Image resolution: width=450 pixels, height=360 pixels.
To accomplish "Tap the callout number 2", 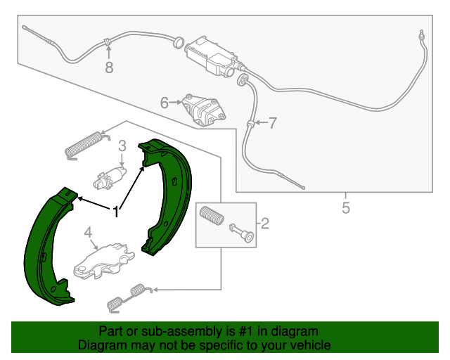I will [x=265, y=224].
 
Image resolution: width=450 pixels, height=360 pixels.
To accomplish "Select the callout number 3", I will [x=122, y=146].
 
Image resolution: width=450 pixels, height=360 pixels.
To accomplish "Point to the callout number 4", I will [x=88, y=233].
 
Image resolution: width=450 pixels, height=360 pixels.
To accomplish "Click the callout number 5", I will [x=345, y=208].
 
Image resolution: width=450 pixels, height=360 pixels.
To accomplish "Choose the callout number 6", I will [x=165, y=103].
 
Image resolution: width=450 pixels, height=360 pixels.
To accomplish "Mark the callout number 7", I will [x=272, y=123].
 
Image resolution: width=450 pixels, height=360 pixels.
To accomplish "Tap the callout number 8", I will [x=108, y=67].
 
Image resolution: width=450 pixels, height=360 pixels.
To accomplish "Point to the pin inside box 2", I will [x=240, y=233].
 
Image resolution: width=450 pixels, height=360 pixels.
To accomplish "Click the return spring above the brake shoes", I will [x=83, y=145].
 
